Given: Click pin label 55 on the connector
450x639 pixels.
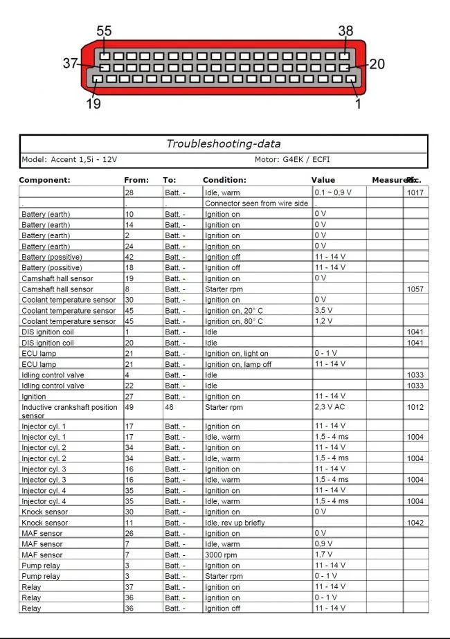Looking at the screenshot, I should coord(104,31).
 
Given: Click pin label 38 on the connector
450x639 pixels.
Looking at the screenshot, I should coord(345,31).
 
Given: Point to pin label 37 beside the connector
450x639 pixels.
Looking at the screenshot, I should coord(70,63).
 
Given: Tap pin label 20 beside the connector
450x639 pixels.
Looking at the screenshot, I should coord(377,64).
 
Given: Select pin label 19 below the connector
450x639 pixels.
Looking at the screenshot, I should coord(93,104).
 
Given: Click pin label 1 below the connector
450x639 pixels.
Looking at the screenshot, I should coord(358,104).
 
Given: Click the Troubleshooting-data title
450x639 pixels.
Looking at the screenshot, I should coord(223,144).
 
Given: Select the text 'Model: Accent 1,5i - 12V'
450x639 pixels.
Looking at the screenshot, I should coord(69,160).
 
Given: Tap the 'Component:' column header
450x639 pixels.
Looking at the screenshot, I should coord(44,180).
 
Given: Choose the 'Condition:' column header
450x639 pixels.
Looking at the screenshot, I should coord(224,180).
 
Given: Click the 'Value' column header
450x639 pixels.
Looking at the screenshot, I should coord(323,180).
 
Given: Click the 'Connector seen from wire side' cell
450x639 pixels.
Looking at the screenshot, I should coord(256,204).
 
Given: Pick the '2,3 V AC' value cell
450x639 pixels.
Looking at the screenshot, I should coord(330,407).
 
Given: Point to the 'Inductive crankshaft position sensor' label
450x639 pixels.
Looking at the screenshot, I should coord(69,411).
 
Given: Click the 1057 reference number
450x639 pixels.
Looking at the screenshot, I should coord(415,289).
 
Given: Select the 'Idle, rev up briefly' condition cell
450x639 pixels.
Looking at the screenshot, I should coord(235,523).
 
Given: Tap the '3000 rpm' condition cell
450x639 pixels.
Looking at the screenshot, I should coord(220,555).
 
